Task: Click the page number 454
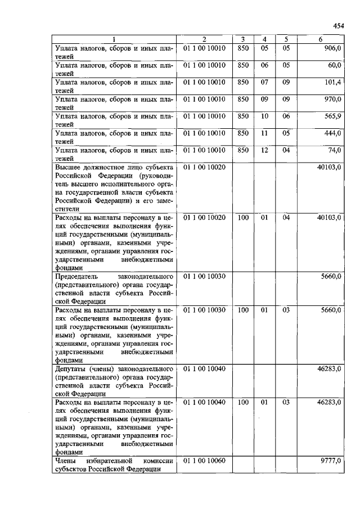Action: (x=337, y=26)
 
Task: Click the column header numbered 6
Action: (x=320, y=39)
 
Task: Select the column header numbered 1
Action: (x=114, y=39)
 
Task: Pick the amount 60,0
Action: (x=335, y=66)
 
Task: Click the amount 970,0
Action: (x=333, y=100)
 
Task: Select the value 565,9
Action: (x=333, y=116)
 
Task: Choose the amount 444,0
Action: (x=333, y=133)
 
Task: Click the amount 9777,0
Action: (x=331, y=461)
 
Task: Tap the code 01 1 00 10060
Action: (x=204, y=461)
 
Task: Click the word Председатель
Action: (x=76, y=277)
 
